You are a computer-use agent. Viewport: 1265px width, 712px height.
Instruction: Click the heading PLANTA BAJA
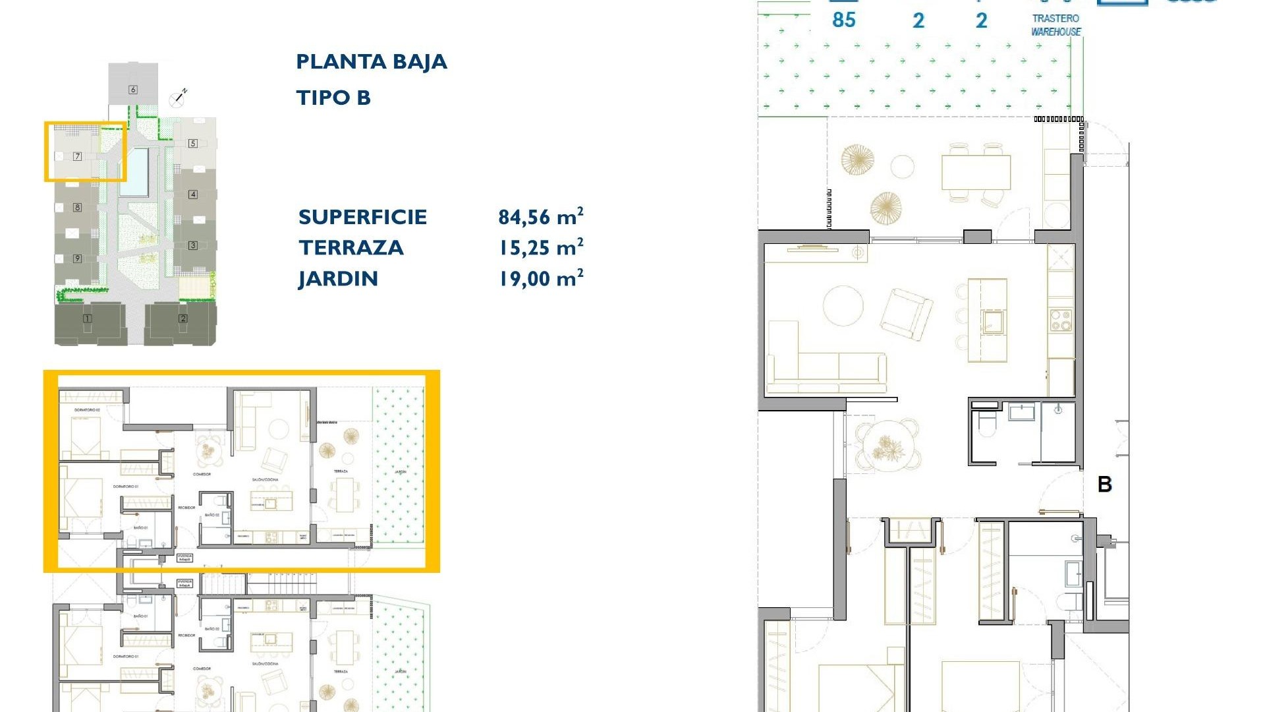pos(372,62)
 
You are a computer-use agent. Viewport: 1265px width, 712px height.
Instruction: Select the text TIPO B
pos(333,98)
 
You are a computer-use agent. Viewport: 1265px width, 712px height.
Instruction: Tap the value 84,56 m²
pos(540,217)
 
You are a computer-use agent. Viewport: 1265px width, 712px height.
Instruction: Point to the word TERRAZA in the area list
pos(351,248)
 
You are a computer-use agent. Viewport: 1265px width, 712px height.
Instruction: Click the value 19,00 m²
pos(540,279)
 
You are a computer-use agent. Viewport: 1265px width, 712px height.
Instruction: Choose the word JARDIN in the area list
pos(338,279)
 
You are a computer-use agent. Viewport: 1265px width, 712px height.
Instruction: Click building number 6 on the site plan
pos(133,90)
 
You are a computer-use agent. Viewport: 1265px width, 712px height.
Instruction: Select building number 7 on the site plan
pos(78,156)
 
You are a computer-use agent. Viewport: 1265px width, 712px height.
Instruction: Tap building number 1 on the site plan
pos(87,319)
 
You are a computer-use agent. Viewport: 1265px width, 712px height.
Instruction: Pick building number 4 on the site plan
pos(193,194)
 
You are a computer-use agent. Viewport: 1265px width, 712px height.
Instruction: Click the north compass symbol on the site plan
pos(177,98)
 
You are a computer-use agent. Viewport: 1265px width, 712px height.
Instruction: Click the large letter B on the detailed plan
pos(1105,485)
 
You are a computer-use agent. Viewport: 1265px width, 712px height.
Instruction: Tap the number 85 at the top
pos(843,20)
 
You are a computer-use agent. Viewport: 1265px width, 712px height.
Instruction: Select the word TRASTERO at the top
pos(1055,18)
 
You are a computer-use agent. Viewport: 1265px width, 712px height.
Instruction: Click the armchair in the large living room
pos(907,314)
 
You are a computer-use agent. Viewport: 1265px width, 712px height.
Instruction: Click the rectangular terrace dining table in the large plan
pos(976,172)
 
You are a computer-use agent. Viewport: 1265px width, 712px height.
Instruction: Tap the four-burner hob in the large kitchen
pos(1061,320)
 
